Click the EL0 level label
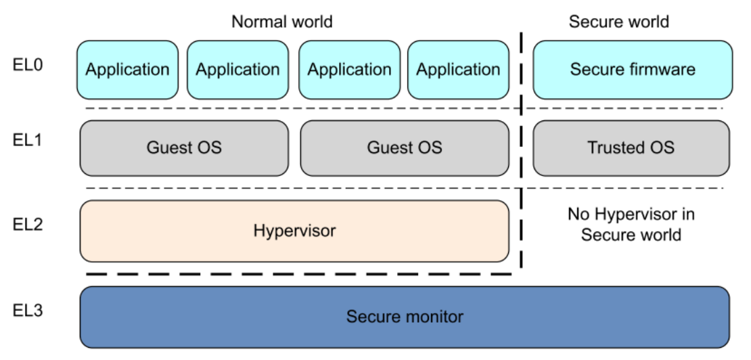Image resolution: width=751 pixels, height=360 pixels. pos(28,65)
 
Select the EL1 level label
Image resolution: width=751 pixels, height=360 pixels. pos(28,140)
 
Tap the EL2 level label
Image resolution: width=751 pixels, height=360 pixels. pos(28,224)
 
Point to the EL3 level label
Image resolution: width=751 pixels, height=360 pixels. pos(28,310)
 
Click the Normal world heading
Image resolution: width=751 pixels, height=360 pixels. pos(281,22)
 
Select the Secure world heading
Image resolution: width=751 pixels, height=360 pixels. pos(619,22)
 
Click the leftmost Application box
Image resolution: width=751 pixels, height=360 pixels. pos(127,70)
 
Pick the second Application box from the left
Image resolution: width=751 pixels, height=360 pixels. pos(237,70)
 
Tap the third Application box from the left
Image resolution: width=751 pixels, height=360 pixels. pos(349,70)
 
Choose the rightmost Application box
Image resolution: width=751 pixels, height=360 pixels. pos(458,70)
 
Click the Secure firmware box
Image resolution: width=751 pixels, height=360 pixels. pos(633,70)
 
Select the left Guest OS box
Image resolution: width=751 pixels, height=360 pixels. pos(185,148)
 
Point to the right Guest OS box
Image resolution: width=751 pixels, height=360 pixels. pos(405,148)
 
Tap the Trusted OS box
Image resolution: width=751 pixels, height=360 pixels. pos(631,148)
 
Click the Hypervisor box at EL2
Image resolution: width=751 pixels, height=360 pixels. pos(294,231)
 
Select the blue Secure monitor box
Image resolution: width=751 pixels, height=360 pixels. pos(405,317)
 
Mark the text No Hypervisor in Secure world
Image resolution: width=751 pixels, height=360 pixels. pos(631,225)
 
